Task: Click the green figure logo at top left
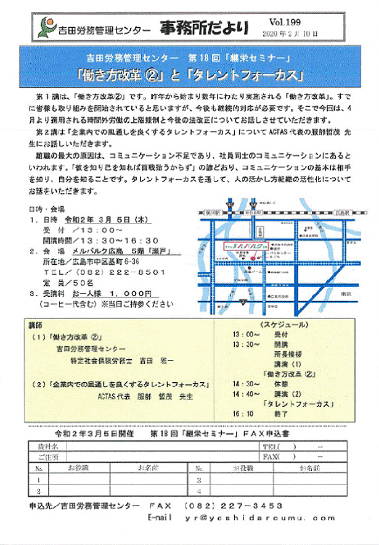click(44, 27)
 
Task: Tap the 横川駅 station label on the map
click(213, 211)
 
